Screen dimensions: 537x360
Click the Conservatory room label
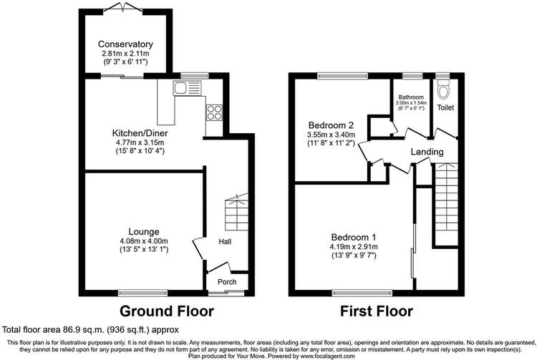[x=125, y=44]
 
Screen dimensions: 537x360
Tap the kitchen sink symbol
[x=188, y=88]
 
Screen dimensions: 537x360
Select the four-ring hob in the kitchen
[x=214, y=112]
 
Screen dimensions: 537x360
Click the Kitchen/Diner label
[x=140, y=133]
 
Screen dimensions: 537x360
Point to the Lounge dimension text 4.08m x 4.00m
[x=144, y=241]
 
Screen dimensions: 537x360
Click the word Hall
[x=225, y=242]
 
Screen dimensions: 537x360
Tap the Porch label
[x=227, y=282]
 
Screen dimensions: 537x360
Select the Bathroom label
[x=411, y=97]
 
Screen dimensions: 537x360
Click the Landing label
[x=427, y=152]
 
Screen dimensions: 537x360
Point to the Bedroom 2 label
[x=331, y=125]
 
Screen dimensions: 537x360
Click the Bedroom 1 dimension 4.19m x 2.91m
[x=354, y=247]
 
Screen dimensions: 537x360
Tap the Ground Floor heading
[x=167, y=311]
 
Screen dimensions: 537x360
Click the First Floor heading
[x=377, y=311]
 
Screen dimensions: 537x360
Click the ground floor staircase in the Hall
[x=236, y=213]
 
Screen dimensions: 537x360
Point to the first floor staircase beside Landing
[x=447, y=204]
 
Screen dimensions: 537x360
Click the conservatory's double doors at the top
[x=122, y=8]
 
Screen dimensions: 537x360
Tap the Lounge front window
[x=142, y=293]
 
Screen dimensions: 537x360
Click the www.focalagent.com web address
[x=328, y=356]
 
